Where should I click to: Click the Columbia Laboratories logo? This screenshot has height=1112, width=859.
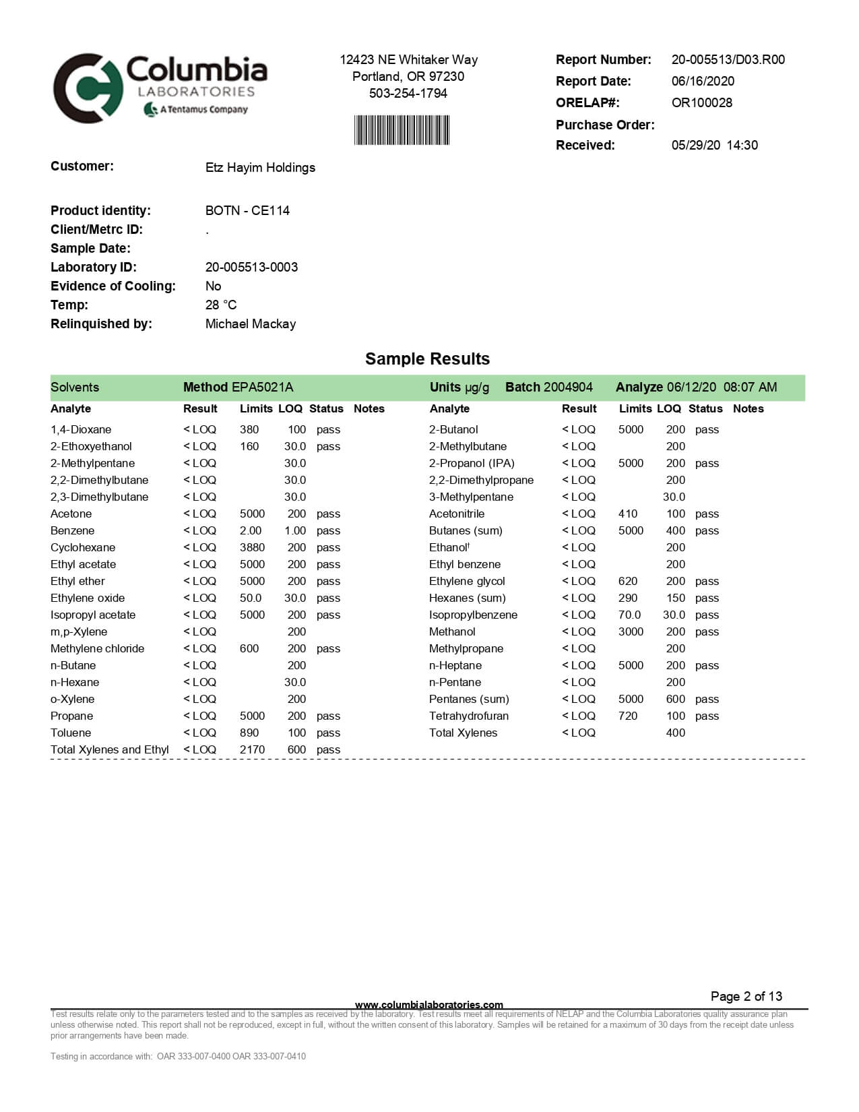click(x=160, y=88)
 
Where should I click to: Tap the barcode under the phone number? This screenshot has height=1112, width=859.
click(x=402, y=130)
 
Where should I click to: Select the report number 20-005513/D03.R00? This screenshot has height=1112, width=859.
click(x=728, y=60)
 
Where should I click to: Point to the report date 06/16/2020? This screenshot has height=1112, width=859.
click(x=703, y=82)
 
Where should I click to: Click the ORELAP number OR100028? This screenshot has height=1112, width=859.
click(x=701, y=103)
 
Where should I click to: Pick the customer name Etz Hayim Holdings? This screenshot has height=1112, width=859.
click(x=260, y=168)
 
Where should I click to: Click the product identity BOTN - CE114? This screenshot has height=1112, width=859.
click(x=247, y=211)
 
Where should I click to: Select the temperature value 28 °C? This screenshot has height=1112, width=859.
click(x=221, y=305)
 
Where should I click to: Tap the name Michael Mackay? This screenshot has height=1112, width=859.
click(x=251, y=324)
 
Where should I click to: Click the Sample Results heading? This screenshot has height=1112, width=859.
click(x=427, y=359)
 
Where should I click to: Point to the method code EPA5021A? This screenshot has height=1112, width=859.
click(x=262, y=388)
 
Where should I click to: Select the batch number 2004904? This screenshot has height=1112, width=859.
click(x=568, y=388)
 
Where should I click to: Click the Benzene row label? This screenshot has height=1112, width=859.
click(x=72, y=531)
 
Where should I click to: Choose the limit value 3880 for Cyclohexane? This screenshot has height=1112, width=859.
click(x=252, y=548)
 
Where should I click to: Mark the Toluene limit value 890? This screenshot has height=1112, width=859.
click(x=249, y=733)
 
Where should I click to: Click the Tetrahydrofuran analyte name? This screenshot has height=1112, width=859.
click(x=468, y=716)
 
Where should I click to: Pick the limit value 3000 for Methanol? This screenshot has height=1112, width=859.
click(x=631, y=632)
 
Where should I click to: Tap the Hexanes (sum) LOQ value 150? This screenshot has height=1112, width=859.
click(x=675, y=598)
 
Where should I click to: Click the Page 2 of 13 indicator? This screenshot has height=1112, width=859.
click(x=746, y=997)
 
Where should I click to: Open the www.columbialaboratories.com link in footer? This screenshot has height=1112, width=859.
click(x=428, y=1005)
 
